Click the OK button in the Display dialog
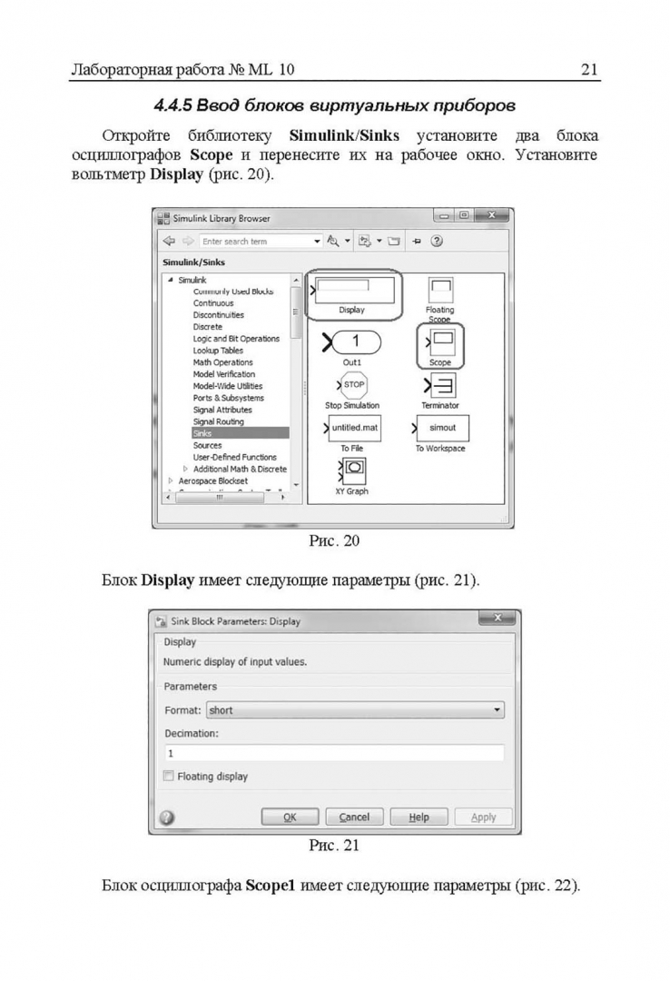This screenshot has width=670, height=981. tap(290, 817)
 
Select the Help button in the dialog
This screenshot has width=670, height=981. tap(419, 817)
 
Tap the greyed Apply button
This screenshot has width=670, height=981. tap(483, 817)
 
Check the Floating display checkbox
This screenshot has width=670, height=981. tap(168, 777)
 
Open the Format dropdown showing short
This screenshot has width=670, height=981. tap(355, 710)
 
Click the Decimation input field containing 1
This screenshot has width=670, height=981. tap(333, 753)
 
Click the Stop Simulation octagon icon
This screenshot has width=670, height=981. tap(353, 385)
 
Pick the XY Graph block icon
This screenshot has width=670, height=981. tap(352, 470)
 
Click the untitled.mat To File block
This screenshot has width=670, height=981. tap(353, 428)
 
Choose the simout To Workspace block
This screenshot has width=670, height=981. tap(442, 428)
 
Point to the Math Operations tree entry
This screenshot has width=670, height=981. tap(222, 362)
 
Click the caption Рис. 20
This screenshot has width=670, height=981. tap(334, 542)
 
